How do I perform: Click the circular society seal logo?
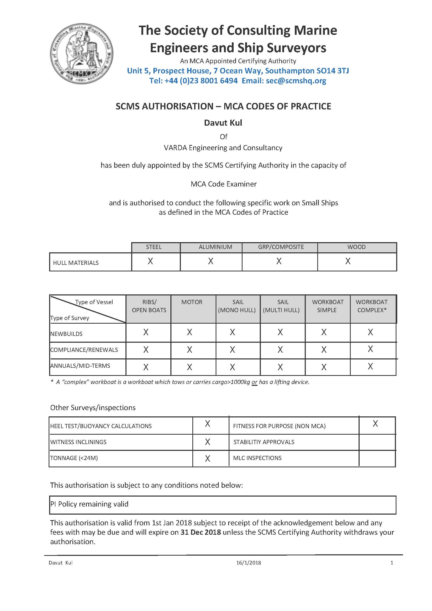pos(82,54)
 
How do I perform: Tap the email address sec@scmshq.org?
pos(296,81)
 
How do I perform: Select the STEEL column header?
pos(154,247)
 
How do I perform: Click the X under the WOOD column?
pos(348,261)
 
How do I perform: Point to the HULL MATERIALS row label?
pos(76,263)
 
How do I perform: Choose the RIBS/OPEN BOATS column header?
pos(149,306)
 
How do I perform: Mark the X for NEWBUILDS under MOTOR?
pos(189,332)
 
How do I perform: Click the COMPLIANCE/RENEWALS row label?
pos(84,350)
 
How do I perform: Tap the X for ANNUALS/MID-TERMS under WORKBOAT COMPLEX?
pos(370,366)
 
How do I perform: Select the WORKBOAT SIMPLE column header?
pos(328,306)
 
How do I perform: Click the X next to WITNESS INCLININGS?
pos(208,442)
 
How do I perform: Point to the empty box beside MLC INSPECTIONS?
pos(377,458)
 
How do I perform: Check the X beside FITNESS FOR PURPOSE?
pos(375,424)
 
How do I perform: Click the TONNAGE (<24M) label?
pos(74,458)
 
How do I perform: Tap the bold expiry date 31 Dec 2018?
pos(201,532)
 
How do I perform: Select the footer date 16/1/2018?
pos(249,563)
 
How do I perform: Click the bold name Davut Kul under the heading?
pos(223,123)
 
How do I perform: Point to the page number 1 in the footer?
pos(391,563)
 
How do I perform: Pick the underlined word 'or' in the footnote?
pos(255,382)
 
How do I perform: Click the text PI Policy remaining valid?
pos(89,504)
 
